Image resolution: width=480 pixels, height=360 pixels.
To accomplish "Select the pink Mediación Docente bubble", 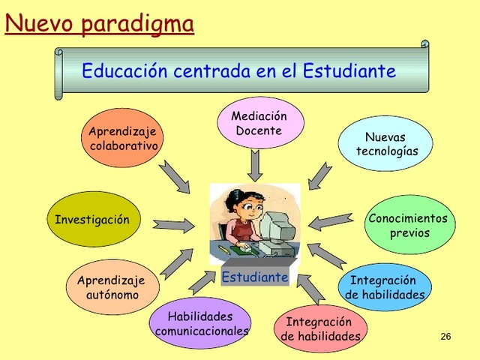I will [x=260, y=123].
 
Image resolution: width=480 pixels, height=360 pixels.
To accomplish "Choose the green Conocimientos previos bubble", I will [x=409, y=225].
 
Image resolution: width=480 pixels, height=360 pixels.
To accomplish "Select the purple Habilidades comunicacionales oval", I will [x=200, y=323].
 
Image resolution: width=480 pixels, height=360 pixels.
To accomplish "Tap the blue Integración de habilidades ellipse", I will [x=384, y=287].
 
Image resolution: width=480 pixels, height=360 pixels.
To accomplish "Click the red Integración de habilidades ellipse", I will [x=320, y=329].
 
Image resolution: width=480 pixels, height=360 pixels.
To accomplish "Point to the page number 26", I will [x=445, y=336].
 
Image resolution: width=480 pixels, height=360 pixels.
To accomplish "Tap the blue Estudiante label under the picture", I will [x=255, y=277].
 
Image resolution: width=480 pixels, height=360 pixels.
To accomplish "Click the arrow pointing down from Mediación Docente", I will [x=256, y=164].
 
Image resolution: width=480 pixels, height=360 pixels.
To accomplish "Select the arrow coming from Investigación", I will [x=173, y=223].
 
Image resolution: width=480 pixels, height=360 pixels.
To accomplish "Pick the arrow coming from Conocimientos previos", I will [x=331, y=221].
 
